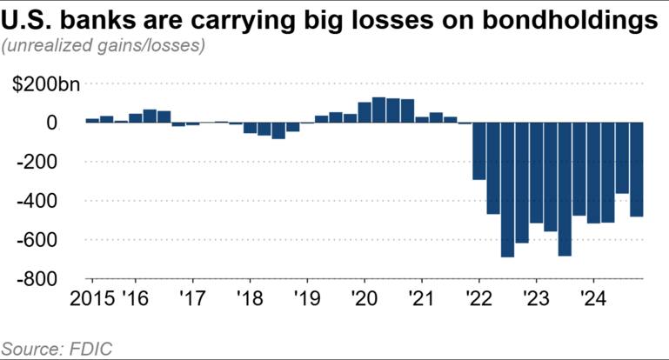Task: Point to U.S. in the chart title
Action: (33, 20)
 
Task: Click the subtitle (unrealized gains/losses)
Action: (104, 46)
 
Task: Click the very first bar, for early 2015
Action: (92, 120)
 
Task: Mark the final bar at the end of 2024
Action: (636, 170)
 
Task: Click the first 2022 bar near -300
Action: (478, 151)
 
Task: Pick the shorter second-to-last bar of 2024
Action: (622, 158)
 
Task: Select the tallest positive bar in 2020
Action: (378, 110)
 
